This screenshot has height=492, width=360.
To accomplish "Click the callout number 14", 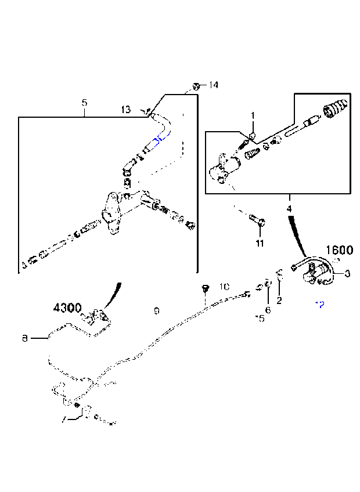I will [x=213, y=85].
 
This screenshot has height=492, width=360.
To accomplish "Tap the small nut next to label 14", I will [x=197, y=86].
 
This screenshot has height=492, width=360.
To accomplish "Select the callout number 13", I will [x=126, y=108].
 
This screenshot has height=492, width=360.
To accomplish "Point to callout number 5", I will [x=84, y=103].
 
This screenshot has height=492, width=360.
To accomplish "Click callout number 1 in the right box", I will [x=253, y=116].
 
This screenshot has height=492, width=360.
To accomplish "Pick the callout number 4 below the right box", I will [x=289, y=208].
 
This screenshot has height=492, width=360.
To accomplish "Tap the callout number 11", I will [x=260, y=243].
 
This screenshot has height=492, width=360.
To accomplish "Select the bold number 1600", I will [x=339, y=250].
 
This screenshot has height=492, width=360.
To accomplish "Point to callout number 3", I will [x=347, y=273].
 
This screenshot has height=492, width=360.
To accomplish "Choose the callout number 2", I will [x=279, y=300].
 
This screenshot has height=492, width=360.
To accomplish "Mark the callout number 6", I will [x=268, y=309].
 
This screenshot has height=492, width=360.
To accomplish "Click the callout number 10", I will [x=225, y=287].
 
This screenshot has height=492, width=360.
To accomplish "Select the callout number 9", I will [x=156, y=311].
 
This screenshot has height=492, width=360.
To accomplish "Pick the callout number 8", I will [x=24, y=337].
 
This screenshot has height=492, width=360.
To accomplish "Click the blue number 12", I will [x=319, y=304].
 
